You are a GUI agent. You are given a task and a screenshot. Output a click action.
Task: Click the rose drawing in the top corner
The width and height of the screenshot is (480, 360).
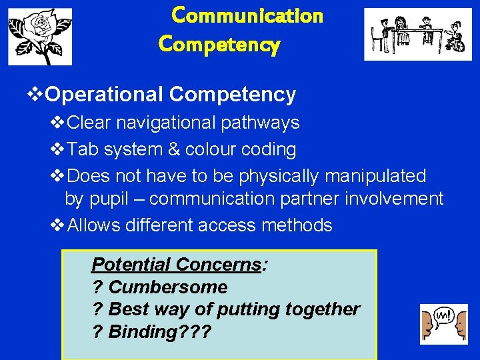tap(40, 37)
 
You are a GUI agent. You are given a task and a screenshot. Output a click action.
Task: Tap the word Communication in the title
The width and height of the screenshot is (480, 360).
tap(247, 15)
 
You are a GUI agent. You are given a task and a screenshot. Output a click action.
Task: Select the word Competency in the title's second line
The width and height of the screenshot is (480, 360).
tap(219, 45)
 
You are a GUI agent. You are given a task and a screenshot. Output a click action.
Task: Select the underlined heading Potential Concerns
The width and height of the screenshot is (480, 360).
tap(177, 265)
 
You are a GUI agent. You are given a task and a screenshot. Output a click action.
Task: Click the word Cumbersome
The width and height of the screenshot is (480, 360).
tap(167, 287)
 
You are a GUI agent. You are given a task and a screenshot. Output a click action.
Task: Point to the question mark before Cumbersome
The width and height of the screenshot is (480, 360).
tap(97, 287)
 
